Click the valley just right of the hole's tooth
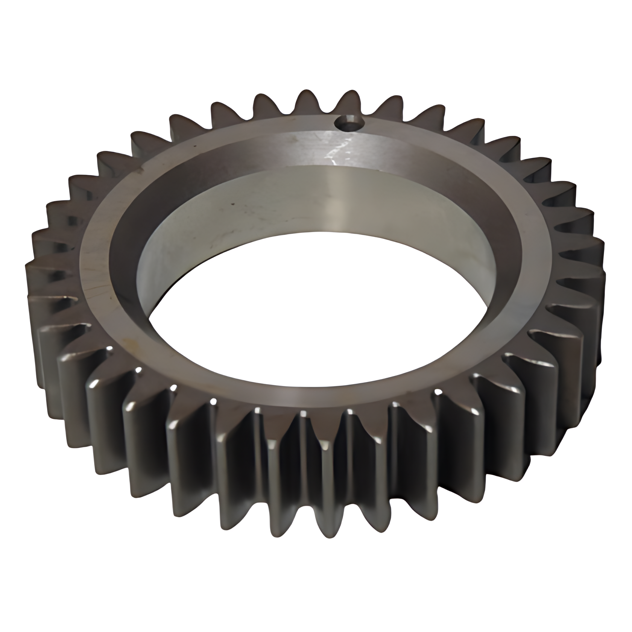[x=371, y=115]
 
